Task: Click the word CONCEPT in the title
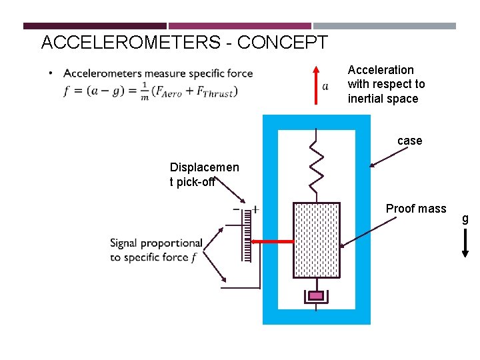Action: click(282, 43)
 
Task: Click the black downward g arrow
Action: click(465, 243)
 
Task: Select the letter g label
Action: click(465, 219)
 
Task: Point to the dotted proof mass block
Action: click(317, 240)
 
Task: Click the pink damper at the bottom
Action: click(317, 295)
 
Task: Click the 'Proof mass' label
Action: click(416, 209)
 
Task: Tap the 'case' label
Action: click(409, 141)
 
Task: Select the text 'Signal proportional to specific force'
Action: click(156, 250)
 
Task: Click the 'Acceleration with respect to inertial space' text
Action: click(386, 85)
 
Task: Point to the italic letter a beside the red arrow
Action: click(325, 86)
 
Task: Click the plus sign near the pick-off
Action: click(255, 209)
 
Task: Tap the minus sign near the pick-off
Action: click(236, 209)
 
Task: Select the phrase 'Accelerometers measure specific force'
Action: click(158, 73)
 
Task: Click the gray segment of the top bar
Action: click(385, 26)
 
